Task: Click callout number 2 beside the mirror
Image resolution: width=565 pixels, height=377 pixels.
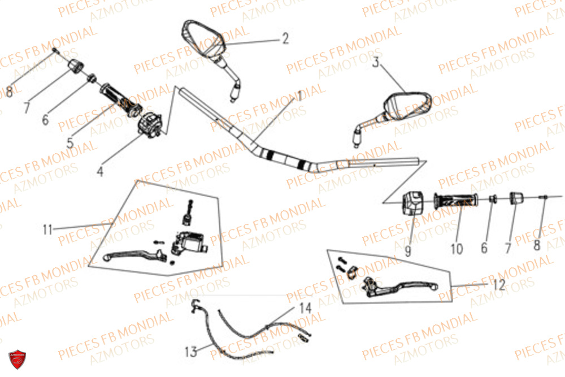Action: click(285, 38)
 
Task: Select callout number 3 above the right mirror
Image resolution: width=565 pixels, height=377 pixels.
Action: click(376, 63)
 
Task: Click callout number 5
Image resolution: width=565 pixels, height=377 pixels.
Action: click(70, 142)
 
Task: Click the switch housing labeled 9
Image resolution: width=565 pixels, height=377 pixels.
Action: click(412, 202)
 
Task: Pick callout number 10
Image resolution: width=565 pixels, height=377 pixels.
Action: click(457, 248)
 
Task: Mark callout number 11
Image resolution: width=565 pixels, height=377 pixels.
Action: click(47, 229)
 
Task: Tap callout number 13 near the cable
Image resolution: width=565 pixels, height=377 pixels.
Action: click(192, 352)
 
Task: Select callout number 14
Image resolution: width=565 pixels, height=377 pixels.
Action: click(305, 309)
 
